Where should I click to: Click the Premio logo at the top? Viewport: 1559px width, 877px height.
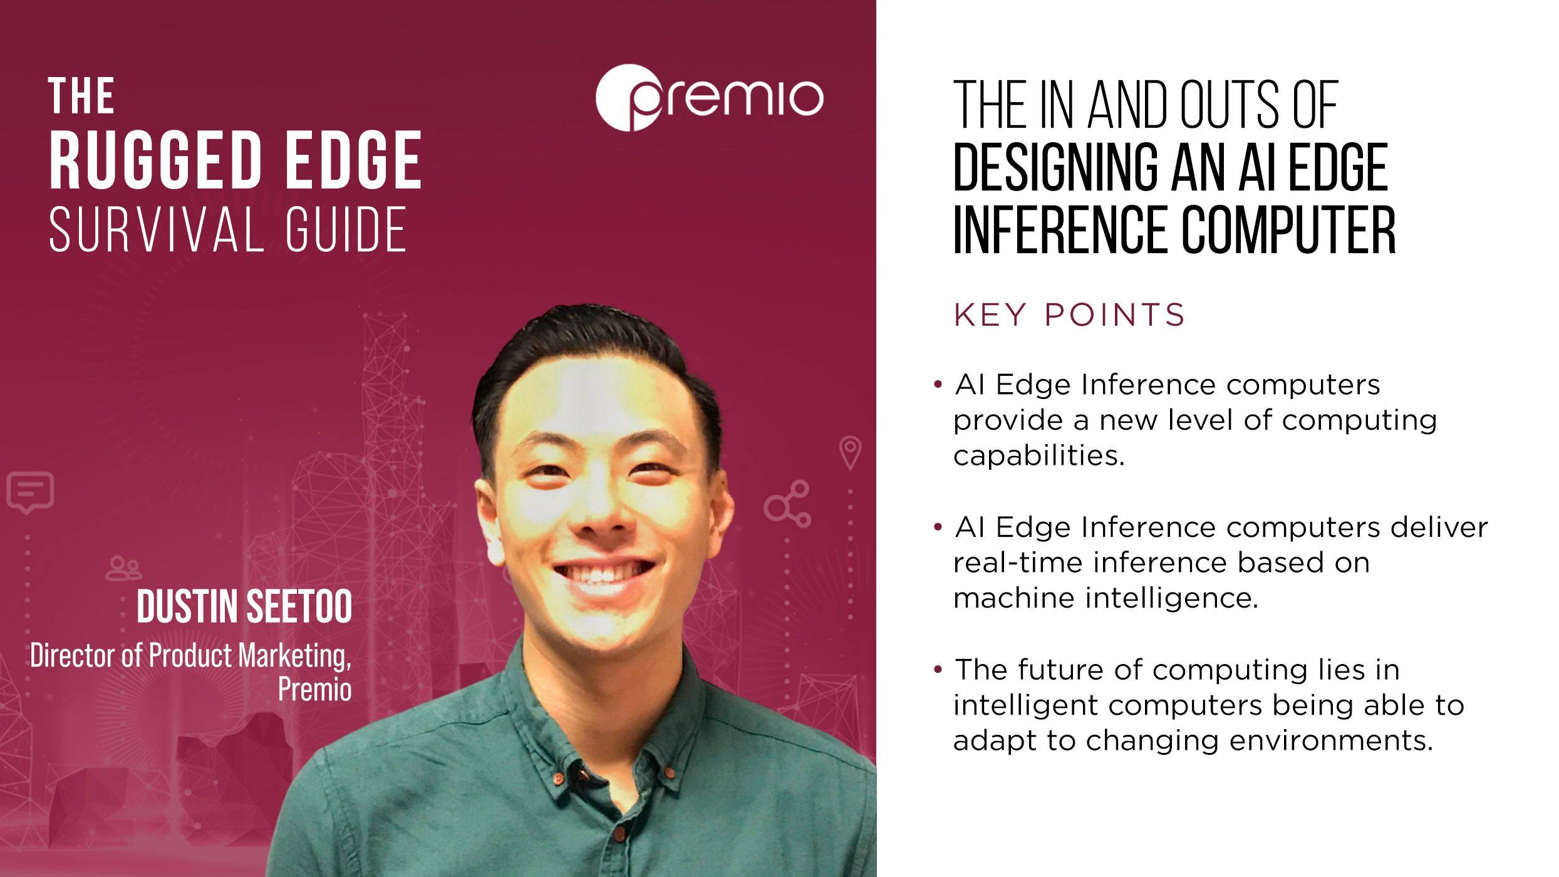(709, 98)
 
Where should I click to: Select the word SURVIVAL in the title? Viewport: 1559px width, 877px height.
(157, 229)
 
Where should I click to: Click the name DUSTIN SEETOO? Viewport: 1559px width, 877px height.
(244, 606)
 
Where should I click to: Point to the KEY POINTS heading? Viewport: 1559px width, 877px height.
(1069, 315)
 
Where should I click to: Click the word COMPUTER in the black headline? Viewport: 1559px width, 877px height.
(1289, 230)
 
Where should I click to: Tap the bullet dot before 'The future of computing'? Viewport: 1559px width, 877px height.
(938, 670)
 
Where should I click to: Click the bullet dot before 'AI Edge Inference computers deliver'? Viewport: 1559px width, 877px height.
(938, 527)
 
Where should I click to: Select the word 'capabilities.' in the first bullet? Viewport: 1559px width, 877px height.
(1039, 455)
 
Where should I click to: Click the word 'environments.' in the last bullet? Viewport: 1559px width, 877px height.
(1331, 740)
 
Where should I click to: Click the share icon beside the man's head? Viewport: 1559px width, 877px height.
(787, 504)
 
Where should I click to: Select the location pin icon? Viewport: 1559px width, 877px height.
(850, 453)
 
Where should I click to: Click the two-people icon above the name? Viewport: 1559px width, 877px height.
(124, 568)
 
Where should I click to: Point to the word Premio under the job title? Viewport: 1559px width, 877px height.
(314, 690)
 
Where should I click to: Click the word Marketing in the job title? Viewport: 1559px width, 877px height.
(294, 656)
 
